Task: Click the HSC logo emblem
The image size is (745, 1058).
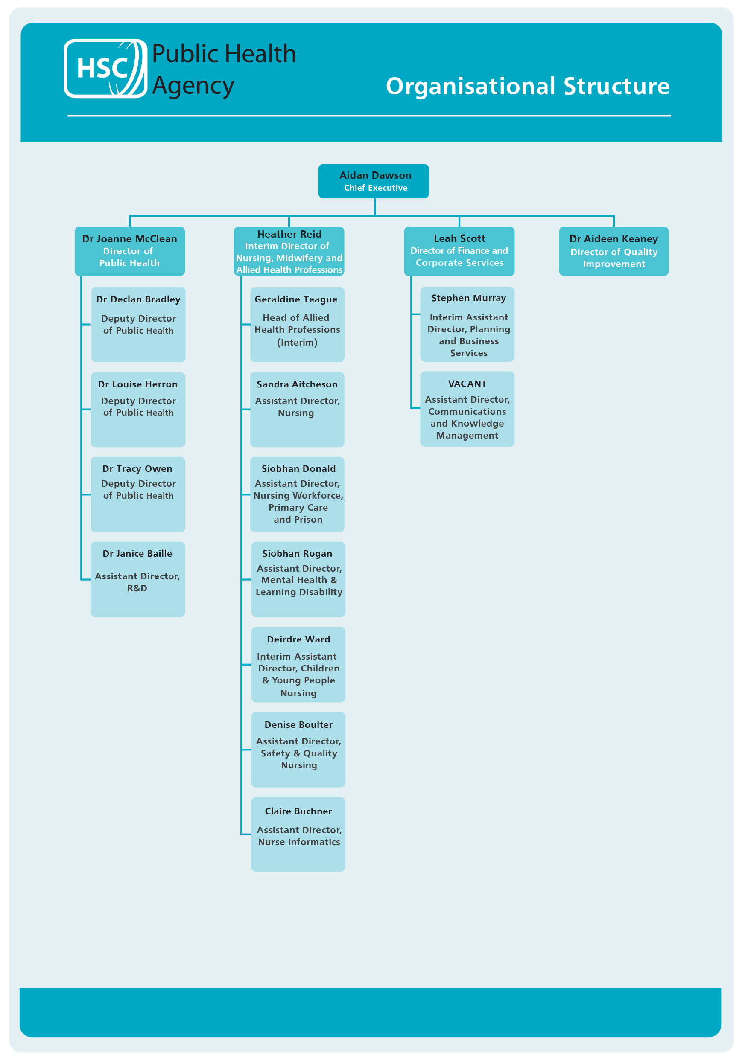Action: (105, 68)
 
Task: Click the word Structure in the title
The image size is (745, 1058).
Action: (616, 86)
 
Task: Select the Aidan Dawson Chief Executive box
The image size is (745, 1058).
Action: (374, 181)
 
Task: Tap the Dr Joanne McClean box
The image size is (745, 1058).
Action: (129, 251)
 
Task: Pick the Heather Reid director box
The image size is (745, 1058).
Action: (289, 252)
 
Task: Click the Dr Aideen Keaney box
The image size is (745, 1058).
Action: (614, 251)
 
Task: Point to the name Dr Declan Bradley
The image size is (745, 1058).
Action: (138, 299)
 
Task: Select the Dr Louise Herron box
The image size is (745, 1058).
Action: (138, 409)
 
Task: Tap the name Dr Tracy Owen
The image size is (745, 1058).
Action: (137, 469)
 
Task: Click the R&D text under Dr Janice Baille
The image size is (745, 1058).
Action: (137, 588)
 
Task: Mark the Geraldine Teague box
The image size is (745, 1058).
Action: (297, 324)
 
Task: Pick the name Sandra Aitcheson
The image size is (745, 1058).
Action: (297, 384)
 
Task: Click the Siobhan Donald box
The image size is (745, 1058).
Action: (297, 494)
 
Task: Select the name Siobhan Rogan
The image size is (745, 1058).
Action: (297, 553)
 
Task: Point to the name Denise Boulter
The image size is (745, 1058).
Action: (298, 724)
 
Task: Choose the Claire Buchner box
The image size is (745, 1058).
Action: (298, 834)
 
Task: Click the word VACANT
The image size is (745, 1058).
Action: (467, 384)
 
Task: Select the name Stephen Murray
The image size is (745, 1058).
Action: (468, 298)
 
